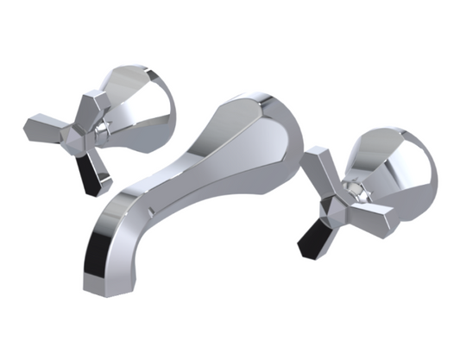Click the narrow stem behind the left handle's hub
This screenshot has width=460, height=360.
tap(104, 129)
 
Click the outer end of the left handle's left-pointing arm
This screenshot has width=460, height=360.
tap(28, 128)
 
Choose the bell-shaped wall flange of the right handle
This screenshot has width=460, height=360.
tap(397, 168)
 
